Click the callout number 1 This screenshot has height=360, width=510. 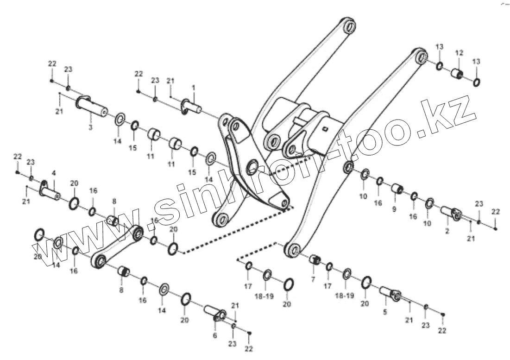tap(194, 87)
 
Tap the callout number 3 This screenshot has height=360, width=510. tap(90, 126)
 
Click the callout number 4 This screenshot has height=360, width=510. tap(54, 173)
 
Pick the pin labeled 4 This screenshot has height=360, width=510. tap(50, 190)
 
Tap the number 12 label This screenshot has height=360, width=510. tap(459, 53)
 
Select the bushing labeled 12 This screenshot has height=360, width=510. tap(458, 74)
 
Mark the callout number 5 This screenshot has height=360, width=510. tap(384, 312)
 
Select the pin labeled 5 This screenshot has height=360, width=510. tap(390, 294)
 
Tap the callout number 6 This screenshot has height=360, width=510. tap(215, 335)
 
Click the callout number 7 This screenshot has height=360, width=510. tap(313, 279)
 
